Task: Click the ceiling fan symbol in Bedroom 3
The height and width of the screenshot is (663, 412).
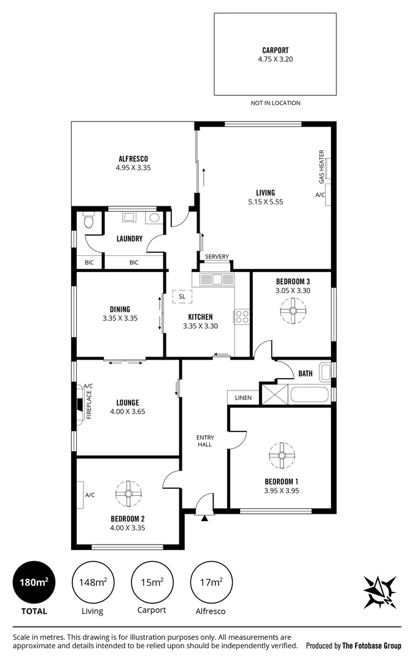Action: (293, 311)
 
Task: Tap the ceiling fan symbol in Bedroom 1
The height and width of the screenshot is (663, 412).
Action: (282, 456)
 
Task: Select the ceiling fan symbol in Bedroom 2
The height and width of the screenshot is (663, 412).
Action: (128, 494)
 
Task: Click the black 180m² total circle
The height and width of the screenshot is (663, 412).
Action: (34, 582)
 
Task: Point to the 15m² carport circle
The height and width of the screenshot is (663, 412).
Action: (152, 582)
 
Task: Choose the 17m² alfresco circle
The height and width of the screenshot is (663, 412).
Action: (211, 582)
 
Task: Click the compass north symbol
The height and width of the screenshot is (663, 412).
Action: (380, 592)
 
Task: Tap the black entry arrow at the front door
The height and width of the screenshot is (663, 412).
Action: (204, 518)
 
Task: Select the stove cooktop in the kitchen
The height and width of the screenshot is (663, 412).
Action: (243, 317)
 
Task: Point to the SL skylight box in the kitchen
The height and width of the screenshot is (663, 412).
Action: (182, 297)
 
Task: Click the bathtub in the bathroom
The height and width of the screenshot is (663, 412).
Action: (309, 395)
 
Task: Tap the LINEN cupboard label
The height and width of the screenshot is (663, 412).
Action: (243, 398)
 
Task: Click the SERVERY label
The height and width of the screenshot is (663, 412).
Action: (217, 257)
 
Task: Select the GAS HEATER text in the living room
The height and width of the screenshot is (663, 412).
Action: (322, 166)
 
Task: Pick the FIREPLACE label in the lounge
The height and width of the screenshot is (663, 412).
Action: (89, 405)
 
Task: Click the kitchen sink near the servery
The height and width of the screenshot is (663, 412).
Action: (217, 279)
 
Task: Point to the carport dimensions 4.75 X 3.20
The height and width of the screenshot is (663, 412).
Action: (275, 59)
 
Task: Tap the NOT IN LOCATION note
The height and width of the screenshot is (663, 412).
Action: (275, 103)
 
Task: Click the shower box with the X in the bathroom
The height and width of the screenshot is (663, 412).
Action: (274, 395)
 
